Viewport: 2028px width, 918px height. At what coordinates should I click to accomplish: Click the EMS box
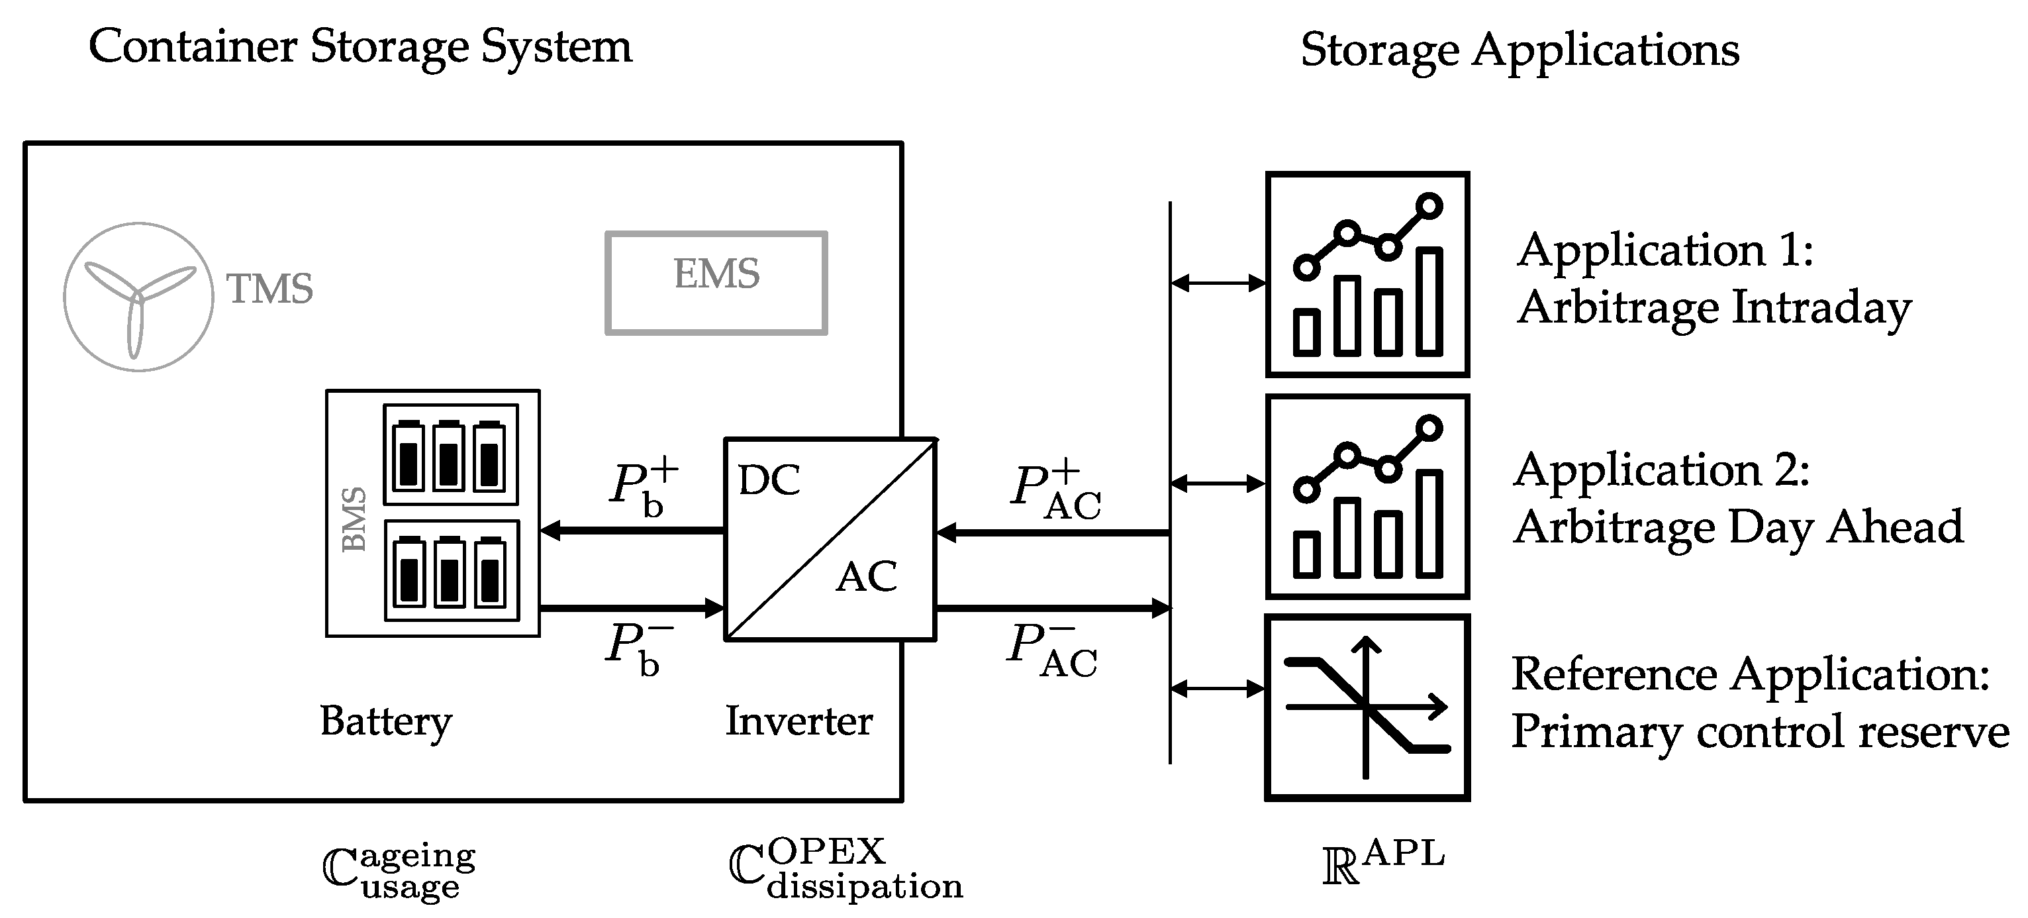[716, 282]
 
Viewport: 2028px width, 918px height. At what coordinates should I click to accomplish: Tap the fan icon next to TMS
[138, 297]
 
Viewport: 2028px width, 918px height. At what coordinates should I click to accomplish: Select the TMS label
[270, 289]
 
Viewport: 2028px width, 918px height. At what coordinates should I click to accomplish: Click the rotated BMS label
[354, 520]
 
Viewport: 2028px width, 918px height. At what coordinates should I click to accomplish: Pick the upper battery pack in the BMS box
[450, 455]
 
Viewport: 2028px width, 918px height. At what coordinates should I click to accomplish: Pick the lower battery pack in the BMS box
[451, 570]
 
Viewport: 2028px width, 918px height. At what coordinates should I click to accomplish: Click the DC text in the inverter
[769, 480]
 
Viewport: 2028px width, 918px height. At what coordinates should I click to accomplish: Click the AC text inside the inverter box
[866, 577]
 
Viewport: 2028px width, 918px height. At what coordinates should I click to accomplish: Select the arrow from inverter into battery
[632, 531]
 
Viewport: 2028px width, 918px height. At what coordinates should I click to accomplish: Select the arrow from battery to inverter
[632, 608]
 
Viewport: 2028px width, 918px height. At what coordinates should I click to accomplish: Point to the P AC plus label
[1055, 492]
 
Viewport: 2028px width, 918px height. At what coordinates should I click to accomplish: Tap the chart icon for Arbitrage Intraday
[1367, 274]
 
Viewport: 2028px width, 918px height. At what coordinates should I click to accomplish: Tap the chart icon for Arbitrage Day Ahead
[1367, 497]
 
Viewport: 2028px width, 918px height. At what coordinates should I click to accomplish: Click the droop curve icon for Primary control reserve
[1367, 707]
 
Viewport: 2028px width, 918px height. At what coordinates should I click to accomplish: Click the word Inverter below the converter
[798, 721]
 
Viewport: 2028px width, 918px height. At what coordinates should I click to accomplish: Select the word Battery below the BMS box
[386, 721]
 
